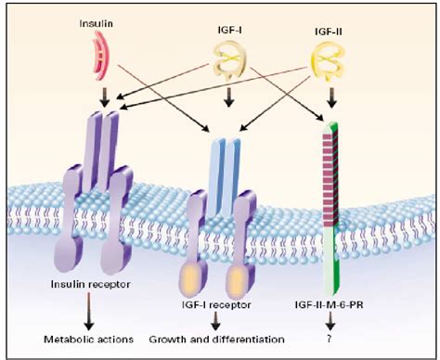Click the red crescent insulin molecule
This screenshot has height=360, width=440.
99,54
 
